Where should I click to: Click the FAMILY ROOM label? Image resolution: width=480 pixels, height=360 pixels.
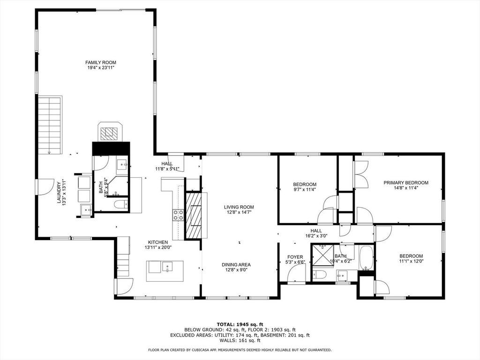point(101,62)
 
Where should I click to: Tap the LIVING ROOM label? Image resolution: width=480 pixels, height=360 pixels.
point(239,207)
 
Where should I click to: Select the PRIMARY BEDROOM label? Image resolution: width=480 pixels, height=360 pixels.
point(406,182)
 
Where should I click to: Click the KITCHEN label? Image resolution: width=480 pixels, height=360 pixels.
point(158,242)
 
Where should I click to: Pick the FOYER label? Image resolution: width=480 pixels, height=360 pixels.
point(295,257)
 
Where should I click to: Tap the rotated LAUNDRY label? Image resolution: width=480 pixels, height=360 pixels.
point(59,193)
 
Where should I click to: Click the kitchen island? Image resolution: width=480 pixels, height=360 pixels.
point(165,271)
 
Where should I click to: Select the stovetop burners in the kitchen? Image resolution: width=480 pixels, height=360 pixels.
point(178,215)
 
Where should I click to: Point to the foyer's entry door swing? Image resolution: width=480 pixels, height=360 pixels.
point(296,274)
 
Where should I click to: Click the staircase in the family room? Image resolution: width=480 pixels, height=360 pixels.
point(49,125)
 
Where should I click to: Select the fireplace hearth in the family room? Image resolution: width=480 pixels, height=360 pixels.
point(110,132)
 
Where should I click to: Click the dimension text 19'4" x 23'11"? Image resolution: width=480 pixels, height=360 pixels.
point(101,67)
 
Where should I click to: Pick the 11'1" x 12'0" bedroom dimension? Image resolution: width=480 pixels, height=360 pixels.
point(411,261)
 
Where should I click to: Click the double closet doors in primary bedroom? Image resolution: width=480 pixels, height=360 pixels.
point(361,174)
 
